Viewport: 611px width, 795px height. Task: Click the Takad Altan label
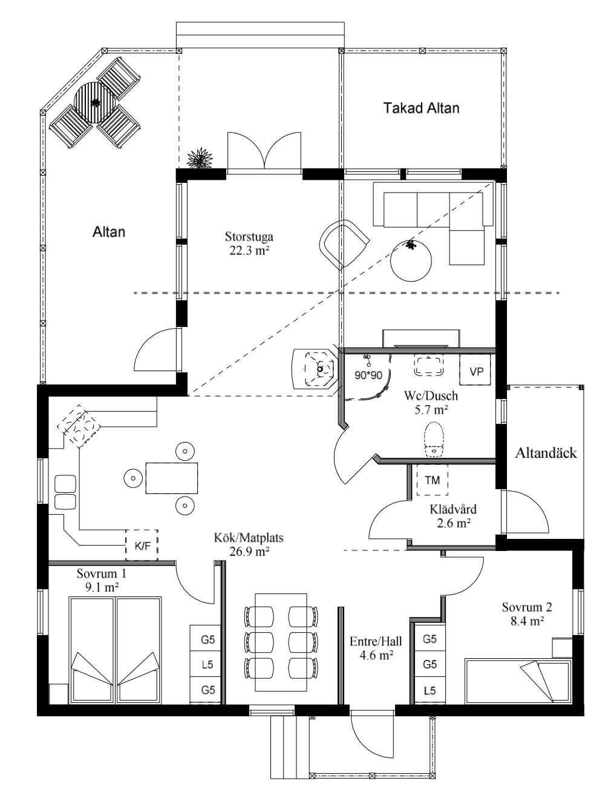[421, 108]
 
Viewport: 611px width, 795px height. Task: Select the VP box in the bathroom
[476, 371]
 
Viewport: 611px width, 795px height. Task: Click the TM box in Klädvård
[432, 480]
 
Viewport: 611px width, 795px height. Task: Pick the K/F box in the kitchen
[142, 546]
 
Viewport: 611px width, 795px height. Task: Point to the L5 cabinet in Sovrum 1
[207, 664]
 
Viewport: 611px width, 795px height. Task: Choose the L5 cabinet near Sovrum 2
[430, 690]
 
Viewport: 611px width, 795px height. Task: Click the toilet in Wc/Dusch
[434, 438]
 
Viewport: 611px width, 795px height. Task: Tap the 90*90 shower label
[368, 375]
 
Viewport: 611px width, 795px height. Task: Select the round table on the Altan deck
[94, 102]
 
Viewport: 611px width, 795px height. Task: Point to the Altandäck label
[546, 453]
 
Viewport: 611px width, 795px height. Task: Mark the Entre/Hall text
[376, 641]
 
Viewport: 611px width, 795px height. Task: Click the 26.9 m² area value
[249, 551]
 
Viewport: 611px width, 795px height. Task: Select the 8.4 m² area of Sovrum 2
[527, 621]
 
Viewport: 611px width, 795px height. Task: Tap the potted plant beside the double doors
[200, 159]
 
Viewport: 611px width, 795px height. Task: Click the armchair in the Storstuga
[344, 243]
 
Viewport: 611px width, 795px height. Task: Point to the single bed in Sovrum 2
[518, 681]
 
